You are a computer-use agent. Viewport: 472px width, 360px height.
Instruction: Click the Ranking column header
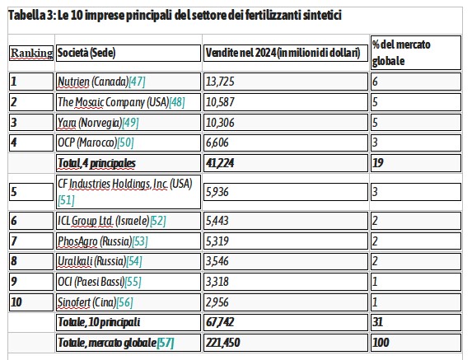31,53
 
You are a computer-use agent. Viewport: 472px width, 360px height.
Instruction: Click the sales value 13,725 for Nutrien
220,82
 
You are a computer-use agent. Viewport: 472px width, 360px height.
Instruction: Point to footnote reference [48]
177,102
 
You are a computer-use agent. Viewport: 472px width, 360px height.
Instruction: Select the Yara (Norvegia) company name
90,123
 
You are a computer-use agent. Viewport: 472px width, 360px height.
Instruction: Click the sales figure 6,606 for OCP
217,143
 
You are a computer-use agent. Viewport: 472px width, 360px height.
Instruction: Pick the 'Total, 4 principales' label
96,163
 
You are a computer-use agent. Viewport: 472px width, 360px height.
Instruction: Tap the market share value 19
378,163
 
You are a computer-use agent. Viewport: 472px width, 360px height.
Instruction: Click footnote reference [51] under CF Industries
66,200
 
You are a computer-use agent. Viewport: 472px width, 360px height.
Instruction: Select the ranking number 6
14,221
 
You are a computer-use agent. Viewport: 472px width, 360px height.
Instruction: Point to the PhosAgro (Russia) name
95,241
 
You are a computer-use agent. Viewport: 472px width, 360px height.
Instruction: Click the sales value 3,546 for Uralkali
217,261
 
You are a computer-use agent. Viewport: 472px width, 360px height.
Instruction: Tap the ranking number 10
16,302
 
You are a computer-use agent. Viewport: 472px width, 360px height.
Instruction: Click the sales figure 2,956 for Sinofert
217,302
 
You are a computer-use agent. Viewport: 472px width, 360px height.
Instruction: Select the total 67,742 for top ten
220,322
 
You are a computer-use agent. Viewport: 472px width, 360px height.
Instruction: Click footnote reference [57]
166,343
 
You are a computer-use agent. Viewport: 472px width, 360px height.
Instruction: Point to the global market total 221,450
222,343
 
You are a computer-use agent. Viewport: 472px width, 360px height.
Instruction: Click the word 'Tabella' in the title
27,15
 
